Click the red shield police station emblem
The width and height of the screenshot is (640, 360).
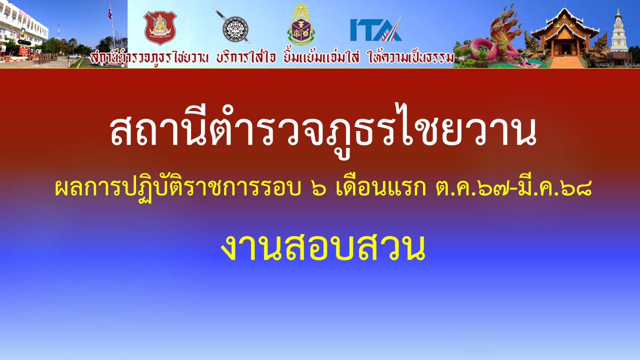160,27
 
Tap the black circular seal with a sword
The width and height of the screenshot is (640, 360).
235,29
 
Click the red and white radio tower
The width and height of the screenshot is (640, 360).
58,31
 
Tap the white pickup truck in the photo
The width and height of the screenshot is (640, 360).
75,56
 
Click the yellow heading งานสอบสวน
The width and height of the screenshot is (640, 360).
323,247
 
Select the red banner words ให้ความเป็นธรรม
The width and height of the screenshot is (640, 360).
411,57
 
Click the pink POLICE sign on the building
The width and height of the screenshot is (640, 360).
25,13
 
